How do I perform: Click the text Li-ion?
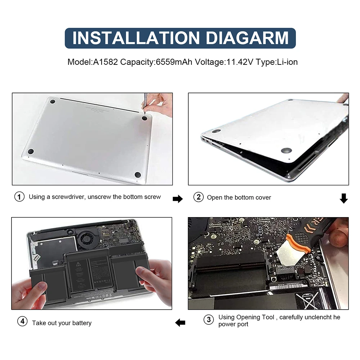(287, 62)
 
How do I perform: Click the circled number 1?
(19, 197)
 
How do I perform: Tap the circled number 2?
(198, 197)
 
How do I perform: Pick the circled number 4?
(22, 322)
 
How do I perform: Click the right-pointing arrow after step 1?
(178, 199)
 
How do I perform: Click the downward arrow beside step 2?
(344, 198)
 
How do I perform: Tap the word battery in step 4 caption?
(82, 323)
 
